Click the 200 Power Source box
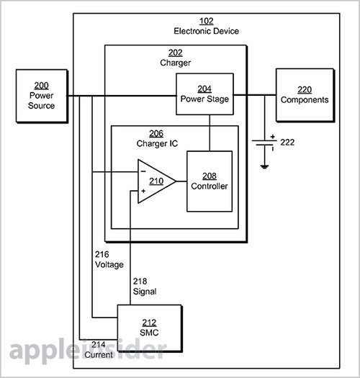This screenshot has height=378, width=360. pyautogui.click(x=42, y=96)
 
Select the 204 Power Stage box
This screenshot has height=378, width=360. pyautogui.click(x=204, y=94)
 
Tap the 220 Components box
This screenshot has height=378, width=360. pyautogui.click(x=305, y=95)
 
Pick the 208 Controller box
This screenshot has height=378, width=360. pyautogui.click(x=210, y=181)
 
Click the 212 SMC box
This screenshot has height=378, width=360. pyautogui.click(x=150, y=328)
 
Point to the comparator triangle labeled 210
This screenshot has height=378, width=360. pyautogui.click(x=156, y=181)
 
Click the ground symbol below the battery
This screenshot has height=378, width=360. pyautogui.click(x=264, y=166)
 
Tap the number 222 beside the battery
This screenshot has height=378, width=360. pyautogui.click(x=287, y=143)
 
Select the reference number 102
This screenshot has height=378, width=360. pyautogui.click(x=207, y=21)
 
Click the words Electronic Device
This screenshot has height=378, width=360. pyautogui.click(x=207, y=31)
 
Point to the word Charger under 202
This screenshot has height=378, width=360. pyautogui.click(x=175, y=63)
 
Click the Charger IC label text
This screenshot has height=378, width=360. pyautogui.click(x=157, y=143)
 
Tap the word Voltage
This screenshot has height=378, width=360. pyautogui.click(x=109, y=264)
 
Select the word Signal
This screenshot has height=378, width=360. pyautogui.click(x=145, y=292)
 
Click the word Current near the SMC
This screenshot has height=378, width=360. pyautogui.click(x=99, y=355)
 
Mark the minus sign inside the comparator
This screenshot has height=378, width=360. pyautogui.click(x=143, y=171)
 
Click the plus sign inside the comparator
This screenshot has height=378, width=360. pyautogui.click(x=143, y=192)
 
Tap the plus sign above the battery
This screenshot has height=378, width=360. pyautogui.click(x=272, y=137)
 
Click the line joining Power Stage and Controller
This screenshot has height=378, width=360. pyautogui.click(x=210, y=133)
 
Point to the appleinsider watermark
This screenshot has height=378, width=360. pyautogui.click(x=88, y=351)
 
